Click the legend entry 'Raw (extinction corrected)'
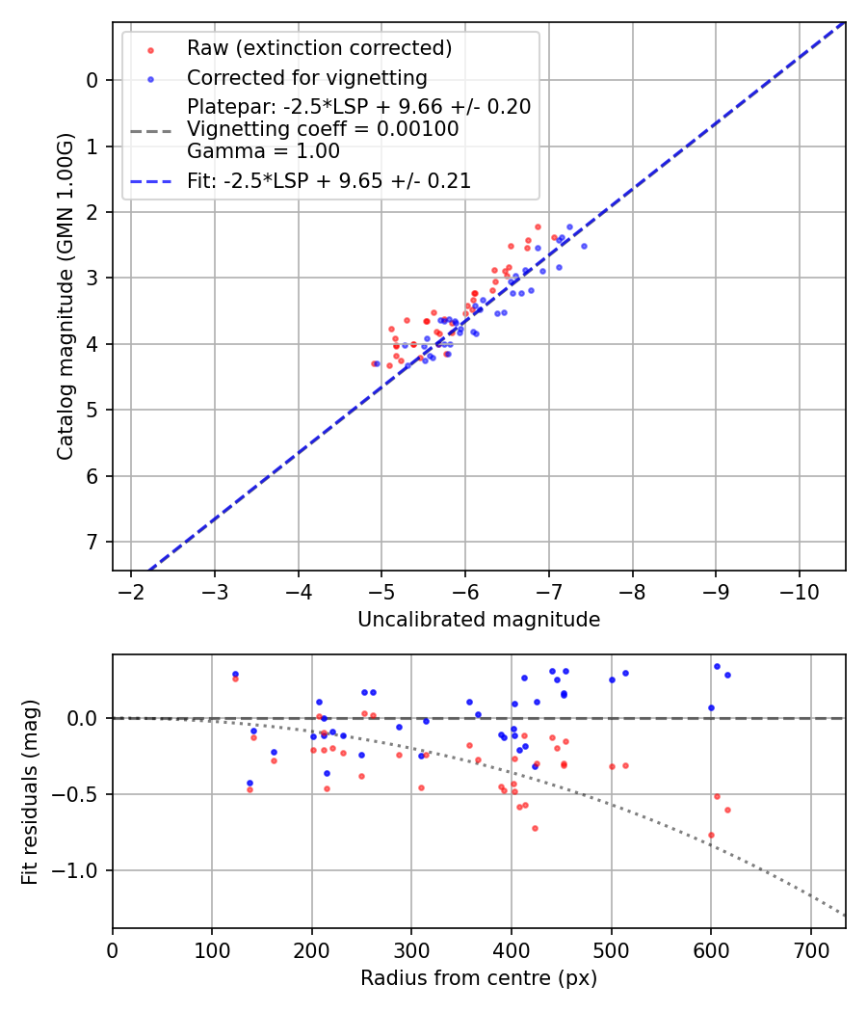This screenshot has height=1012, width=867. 319,48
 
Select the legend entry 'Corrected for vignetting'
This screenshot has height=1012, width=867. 307,77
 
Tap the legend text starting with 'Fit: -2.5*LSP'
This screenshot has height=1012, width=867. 328,180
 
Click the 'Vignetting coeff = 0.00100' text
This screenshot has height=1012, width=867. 323,129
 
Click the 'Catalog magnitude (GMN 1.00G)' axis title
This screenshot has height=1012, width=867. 65,296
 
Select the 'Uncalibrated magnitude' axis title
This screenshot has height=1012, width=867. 479,620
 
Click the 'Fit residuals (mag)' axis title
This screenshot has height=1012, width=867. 30,791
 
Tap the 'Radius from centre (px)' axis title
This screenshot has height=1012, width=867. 479,978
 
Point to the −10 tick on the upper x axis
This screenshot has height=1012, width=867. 799,589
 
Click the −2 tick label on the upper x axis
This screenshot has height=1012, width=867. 131,589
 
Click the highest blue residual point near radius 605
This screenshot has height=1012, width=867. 717,666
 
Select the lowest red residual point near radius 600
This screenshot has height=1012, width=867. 711,835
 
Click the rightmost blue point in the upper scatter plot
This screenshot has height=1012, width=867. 584,246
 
